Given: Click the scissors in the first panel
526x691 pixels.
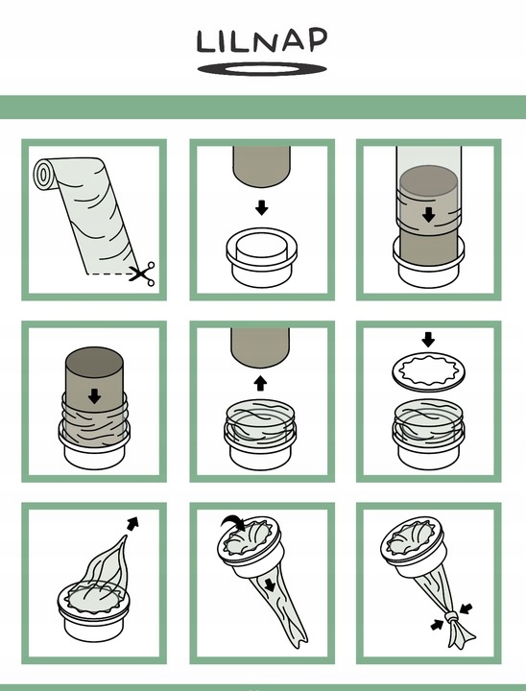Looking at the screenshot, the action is (x=142, y=274).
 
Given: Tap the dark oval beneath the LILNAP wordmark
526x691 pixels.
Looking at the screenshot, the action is (x=262, y=69).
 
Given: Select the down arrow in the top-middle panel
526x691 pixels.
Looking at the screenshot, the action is (x=262, y=207).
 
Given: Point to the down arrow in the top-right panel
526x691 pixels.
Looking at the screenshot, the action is (x=428, y=215).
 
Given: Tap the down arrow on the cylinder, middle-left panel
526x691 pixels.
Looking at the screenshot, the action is (x=94, y=395).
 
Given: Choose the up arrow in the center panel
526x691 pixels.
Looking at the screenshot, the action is (x=260, y=383).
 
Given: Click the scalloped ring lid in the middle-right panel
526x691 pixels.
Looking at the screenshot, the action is (x=428, y=371).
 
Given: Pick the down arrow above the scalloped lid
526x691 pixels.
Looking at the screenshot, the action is (x=428, y=340).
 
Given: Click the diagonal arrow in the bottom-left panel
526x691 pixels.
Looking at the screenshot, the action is (x=132, y=523).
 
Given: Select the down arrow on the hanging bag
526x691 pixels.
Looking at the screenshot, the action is (x=270, y=584).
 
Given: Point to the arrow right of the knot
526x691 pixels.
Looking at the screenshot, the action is (x=466, y=608).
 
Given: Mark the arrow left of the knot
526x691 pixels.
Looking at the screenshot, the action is (x=437, y=625).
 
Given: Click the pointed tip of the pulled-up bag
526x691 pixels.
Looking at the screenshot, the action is (x=126, y=536).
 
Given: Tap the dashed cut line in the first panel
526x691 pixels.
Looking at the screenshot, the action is (x=108, y=274).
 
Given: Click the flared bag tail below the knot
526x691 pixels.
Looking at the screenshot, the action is (x=461, y=634).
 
